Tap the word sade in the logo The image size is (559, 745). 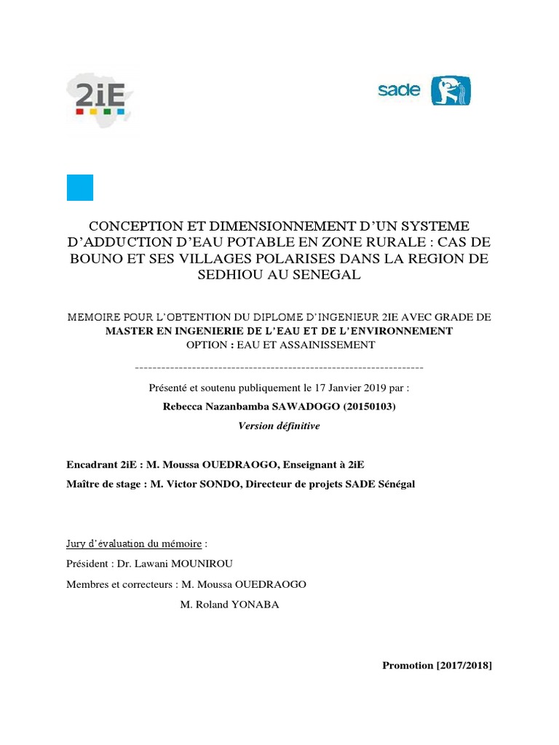[x=399, y=91]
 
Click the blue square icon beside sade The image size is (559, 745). [x=451, y=91]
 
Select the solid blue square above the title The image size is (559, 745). [x=80, y=188]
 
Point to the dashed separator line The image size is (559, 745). [x=279, y=367]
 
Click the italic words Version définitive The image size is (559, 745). [x=279, y=426]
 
